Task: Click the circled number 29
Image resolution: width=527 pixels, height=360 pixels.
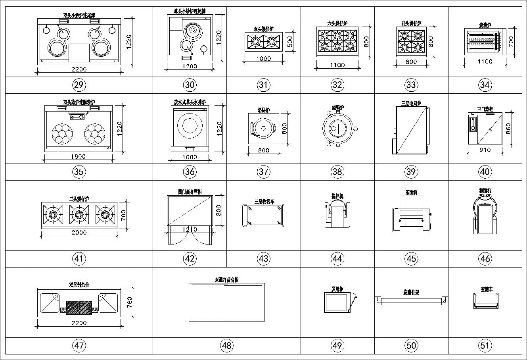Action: tap(79, 85)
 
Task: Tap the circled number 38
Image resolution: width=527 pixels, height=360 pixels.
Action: tap(337, 171)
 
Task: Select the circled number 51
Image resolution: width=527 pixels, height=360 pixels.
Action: tap(485, 345)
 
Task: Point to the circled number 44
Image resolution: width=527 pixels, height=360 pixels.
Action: tap(337, 259)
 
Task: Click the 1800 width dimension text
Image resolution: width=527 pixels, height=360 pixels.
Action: tap(79, 156)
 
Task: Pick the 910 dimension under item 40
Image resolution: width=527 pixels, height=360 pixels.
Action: tap(485, 150)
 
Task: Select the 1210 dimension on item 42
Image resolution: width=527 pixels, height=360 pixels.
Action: tap(190, 229)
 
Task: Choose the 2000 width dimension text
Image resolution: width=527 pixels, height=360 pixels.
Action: tap(79, 233)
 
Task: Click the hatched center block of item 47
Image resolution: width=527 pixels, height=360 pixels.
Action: tap(79, 307)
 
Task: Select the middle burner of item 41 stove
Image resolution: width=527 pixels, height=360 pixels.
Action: tap(79, 214)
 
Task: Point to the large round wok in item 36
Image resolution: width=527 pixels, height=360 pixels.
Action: tap(190, 126)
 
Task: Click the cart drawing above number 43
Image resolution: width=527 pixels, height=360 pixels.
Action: tap(263, 216)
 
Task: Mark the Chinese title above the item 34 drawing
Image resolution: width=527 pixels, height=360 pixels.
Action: tap(485, 25)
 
